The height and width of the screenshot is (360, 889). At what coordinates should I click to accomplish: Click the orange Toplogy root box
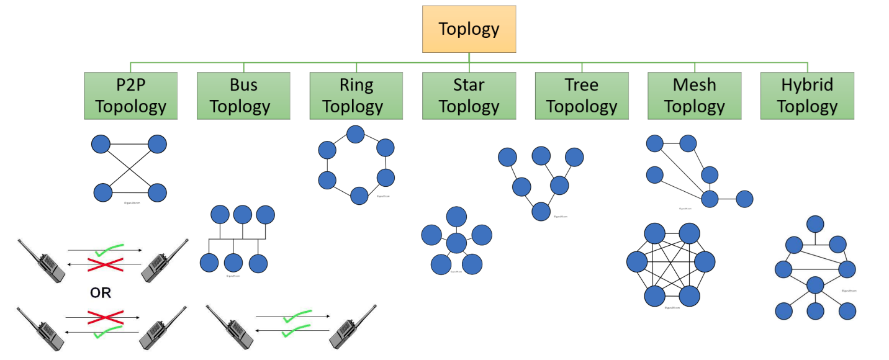coord(469,29)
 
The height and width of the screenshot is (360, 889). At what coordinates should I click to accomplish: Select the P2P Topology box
coord(131,96)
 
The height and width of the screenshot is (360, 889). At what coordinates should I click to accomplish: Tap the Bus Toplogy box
coord(243,96)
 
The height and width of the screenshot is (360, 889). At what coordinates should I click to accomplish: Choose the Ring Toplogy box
coord(356,96)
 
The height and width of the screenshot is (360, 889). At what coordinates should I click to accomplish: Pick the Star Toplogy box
coord(469,96)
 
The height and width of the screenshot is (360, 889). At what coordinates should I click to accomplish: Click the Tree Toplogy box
coord(582,96)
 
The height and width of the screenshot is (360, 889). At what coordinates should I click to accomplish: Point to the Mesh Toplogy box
coord(694,96)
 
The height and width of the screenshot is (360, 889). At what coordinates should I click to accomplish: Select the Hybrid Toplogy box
coord(807,96)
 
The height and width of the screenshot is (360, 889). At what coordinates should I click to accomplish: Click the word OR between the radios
coord(101,292)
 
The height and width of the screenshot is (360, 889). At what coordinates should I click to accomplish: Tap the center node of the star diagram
coord(456,243)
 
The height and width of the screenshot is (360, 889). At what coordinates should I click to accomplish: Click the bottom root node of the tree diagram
coord(541,211)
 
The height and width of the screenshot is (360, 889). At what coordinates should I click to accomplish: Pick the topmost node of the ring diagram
coord(355,134)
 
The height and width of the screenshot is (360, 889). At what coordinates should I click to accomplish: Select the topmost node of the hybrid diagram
coord(815,223)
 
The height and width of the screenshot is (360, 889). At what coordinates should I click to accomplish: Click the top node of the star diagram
coord(456,216)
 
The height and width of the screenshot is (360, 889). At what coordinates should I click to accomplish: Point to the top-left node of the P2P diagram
coord(101,145)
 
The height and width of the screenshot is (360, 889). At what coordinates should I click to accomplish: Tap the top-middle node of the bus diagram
coord(243,215)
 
